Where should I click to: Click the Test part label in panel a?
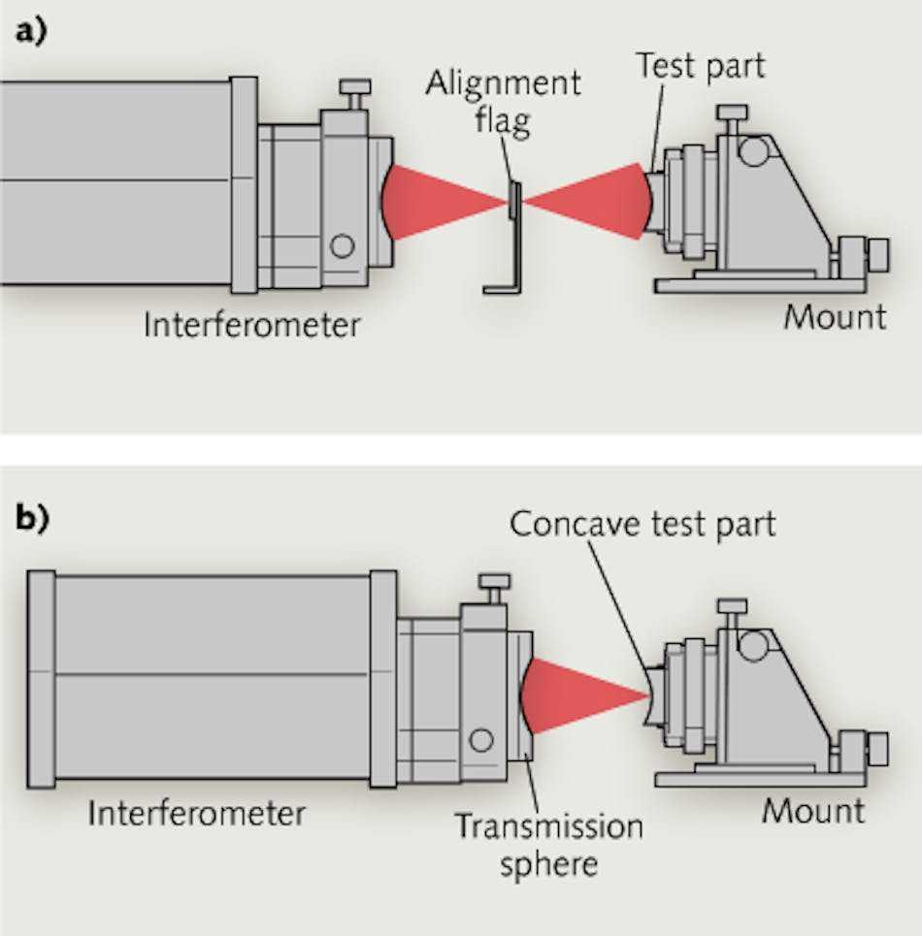[x=700, y=66]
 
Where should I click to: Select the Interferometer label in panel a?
[x=251, y=324]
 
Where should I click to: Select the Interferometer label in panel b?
[x=196, y=812]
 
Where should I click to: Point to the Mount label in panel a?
[x=835, y=317]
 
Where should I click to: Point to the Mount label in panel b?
[x=812, y=810]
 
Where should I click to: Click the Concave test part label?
[x=642, y=524]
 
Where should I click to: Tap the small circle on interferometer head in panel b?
[x=480, y=741]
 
